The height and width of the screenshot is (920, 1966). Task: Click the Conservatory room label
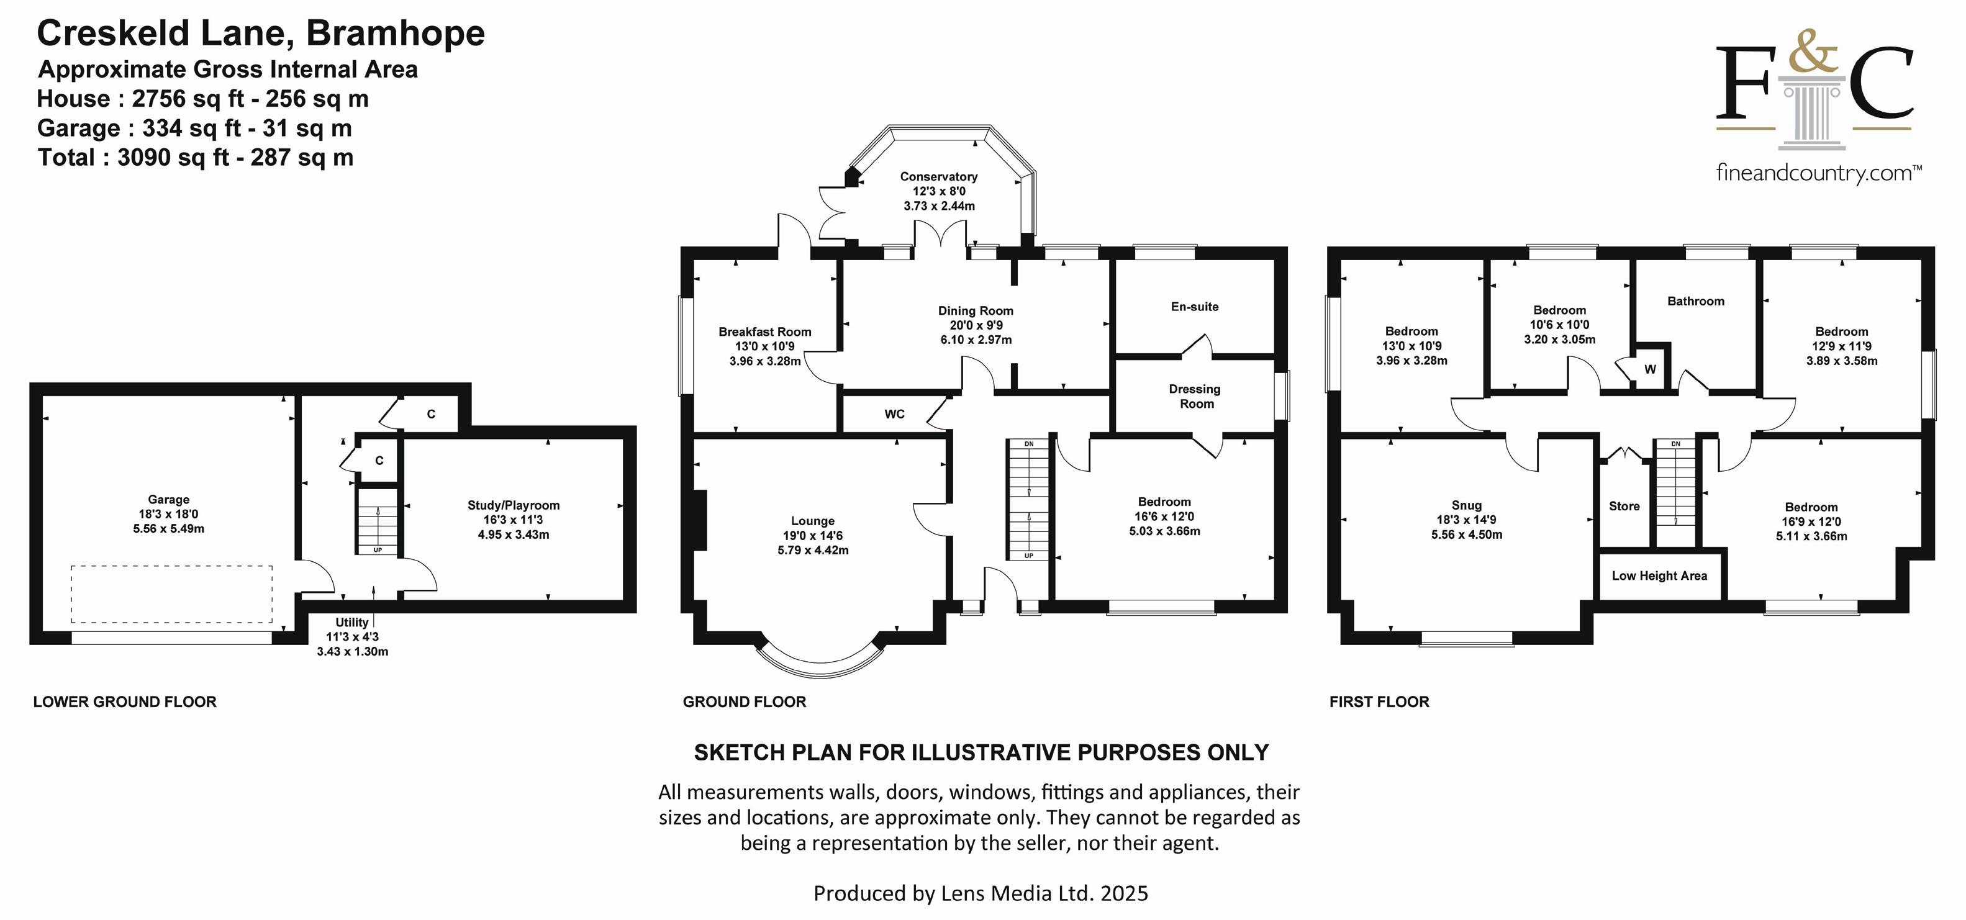click(x=939, y=176)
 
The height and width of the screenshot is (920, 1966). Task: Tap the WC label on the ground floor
click(x=894, y=414)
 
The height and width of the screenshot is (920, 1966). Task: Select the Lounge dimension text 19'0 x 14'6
click(x=813, y=536)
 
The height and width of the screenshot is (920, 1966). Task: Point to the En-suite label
click(x=1194, y=307)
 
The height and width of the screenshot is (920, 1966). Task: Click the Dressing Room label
click(x=1195, y=396)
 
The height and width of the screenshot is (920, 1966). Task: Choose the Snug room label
click(x=1466, y=505)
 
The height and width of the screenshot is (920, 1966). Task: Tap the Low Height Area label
click(x=1659, y=576)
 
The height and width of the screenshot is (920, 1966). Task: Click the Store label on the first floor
click(x=1624, y=506)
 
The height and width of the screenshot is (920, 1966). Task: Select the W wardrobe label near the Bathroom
click(x=1650, y=369)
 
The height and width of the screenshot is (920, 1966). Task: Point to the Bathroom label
click(x=1696, y=301)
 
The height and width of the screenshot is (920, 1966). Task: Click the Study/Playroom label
click(x=514, y=505)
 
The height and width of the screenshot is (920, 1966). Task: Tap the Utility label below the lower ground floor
click(x=352, y=623)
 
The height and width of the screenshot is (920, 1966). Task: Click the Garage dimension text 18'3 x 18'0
click(x=169, y=514)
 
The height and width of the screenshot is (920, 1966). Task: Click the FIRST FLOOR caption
click(x=1379, y=702)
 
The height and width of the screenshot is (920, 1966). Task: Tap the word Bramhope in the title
click(x=396, y=34)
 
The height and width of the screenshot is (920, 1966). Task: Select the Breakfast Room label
click(x=764, y=332)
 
